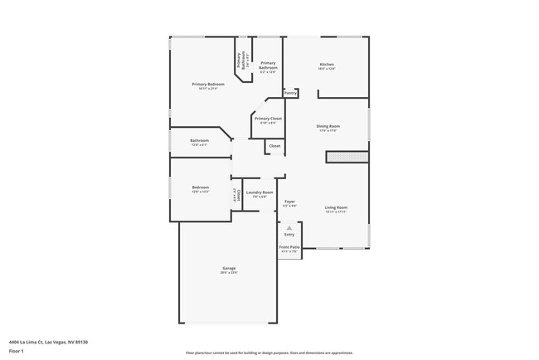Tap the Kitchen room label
click(x=328, y=65)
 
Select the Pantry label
click(x=291, y=93)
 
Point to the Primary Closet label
click(x=268, y=119)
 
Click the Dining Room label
click(x=328, y=126)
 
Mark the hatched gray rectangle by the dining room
click(x=347, y=156)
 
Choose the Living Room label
click(x=335, y=207)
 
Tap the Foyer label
click(x=289, y=202)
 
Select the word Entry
click(x=289, y=235)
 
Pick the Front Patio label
click(x=289, y=247)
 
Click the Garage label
click(x=229, y=268)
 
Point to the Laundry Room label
click(x=259, y=193)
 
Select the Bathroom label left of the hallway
click(x=199, y=140)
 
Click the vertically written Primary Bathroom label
click(x=240, y=61)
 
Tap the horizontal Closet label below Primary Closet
click(x=274, y=146)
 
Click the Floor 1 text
click(x=17, y=351)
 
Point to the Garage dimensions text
click(x=229, y=273)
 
